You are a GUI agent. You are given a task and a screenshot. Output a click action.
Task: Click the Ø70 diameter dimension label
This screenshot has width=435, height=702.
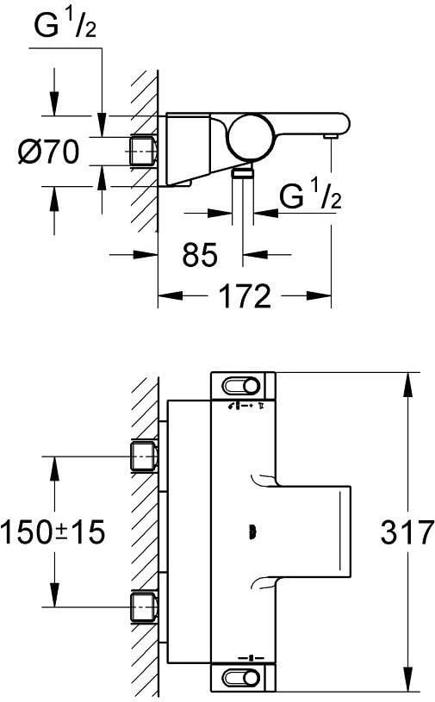pyautogui.click(x=48, y=152)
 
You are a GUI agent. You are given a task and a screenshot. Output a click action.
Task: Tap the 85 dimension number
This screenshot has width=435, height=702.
pyautogui.click(x=200, y=255)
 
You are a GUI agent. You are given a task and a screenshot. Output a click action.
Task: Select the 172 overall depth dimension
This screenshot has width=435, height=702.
pyautogui.click(x=245, y=295)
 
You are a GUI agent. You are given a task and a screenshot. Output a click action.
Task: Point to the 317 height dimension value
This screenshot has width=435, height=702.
pyautogui.click(x=407, y=532)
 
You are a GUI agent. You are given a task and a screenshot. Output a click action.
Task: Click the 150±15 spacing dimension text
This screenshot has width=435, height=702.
pyautogui.click(x=53, y=532)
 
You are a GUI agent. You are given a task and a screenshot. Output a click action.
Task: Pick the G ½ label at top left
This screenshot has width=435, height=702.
pyautogui.click(x=65, y=27)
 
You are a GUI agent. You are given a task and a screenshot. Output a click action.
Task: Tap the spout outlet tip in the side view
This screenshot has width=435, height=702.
pyautogui.click(x=331, y=135)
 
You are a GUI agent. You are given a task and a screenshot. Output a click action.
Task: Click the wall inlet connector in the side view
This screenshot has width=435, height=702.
pyautogui.click(x=143, y=152)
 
